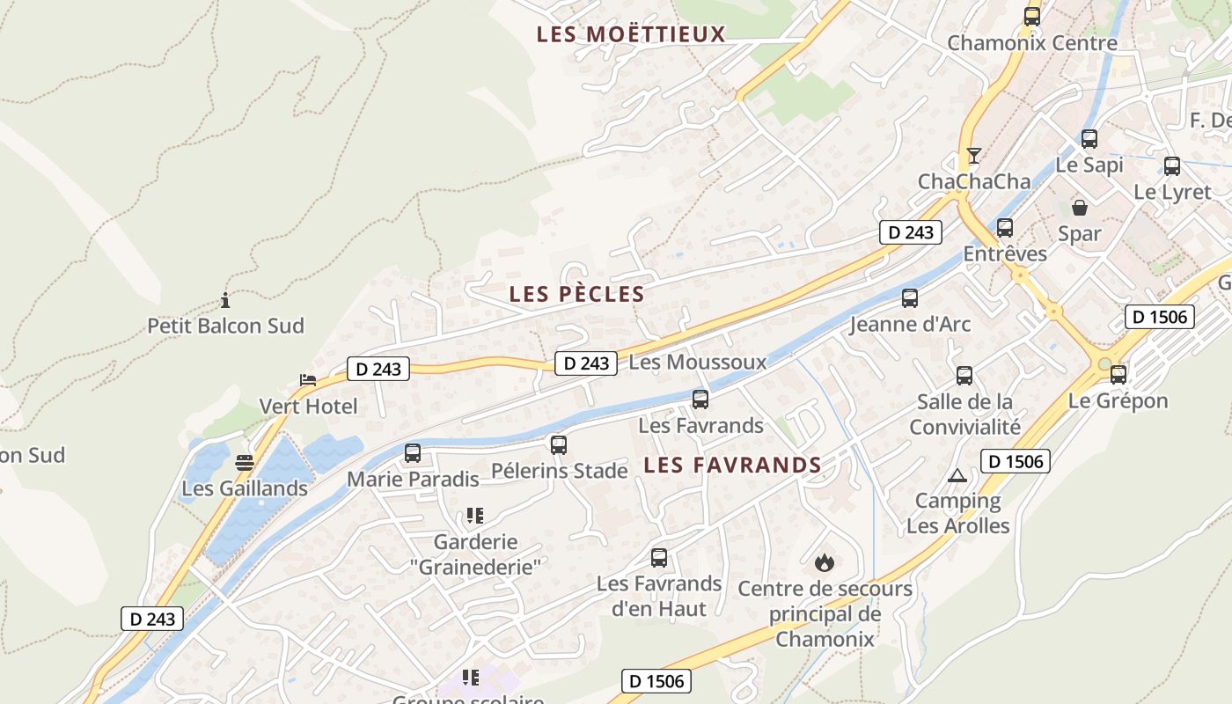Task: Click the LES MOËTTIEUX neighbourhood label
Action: click(631, 34)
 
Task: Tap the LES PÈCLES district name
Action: click(576, 294)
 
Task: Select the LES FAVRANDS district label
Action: click(732, 465)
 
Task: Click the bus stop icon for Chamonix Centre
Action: click(1032, 16)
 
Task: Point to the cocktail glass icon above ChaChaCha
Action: click(973, 156)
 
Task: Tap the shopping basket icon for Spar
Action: click(1079, 208)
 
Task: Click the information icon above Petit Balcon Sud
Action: click(225, 300)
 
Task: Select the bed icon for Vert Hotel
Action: click(307, 380)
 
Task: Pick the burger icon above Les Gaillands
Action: click(245, 463)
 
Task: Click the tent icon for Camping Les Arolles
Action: click(957, 476)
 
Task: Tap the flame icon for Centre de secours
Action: click(825, 561)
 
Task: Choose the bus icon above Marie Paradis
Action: click(413, 453)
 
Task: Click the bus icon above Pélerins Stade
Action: click(559, 445)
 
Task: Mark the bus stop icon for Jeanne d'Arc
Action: click(910, 298)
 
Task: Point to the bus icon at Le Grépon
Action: click(1118, 375)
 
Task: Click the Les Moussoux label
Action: click(698, 362)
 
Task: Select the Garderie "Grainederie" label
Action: click(475, 554)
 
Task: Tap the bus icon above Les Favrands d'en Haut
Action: click(659, 558)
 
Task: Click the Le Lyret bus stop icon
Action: click(1172, 166)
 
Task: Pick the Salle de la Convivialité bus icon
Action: click(964, 376)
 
